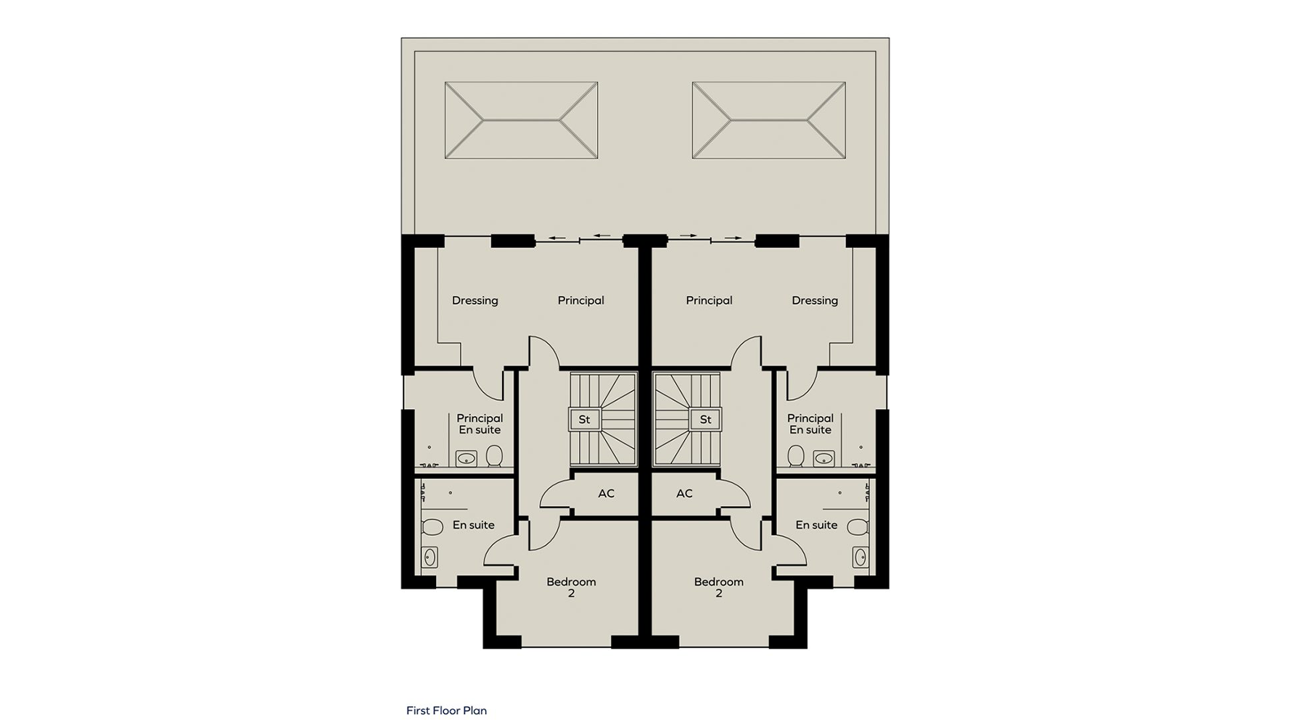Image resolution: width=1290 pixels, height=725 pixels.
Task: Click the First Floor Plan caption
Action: (x=446, y=710)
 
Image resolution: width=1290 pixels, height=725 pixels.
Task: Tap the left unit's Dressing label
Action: (x=475, y=301)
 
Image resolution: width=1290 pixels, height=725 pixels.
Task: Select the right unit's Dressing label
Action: (x=815, y=301)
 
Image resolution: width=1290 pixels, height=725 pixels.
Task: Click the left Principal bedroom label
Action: (x=580, y=301)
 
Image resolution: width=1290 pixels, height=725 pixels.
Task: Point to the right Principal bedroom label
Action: (x=709, y=301)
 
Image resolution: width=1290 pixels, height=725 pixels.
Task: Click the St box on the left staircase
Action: (x=584, y=419)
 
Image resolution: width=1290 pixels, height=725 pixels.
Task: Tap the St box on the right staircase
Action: (x=705, y=419)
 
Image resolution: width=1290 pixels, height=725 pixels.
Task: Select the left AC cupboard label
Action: (x=607, y=494)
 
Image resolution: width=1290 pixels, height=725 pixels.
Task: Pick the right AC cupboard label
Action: (x=684, y=494)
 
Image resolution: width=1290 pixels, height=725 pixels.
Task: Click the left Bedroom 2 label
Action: (x=571, y=587)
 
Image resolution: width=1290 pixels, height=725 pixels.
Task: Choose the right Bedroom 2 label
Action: (x=718, y=587)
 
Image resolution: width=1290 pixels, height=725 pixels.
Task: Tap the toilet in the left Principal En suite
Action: (x=494, y=456)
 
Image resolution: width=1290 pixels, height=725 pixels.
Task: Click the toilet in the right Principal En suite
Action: (x=796, y=456)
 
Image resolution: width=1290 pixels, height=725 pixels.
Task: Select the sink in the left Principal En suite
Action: (x=466, y=458)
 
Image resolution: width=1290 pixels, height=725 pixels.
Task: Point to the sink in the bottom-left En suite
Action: (x=430, y=557)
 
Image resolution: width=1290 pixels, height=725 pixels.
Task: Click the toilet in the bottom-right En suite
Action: (x=858, y=526)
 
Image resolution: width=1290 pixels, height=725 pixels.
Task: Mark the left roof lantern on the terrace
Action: (x=521, y=120)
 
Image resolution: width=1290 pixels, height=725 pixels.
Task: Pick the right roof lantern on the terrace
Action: (x=768, y=120)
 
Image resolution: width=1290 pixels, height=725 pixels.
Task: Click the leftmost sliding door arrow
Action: (x=556, y=237)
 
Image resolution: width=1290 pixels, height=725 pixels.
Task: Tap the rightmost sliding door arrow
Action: (x=734, y=237)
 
